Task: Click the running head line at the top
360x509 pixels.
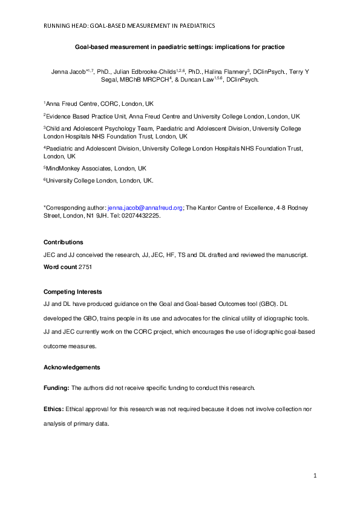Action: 128,26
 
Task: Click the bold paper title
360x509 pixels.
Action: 179,46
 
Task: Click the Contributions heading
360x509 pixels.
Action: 63,242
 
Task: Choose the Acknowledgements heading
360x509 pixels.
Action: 72,367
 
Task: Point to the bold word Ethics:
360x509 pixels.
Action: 53,409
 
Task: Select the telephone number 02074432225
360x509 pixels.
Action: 140,215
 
